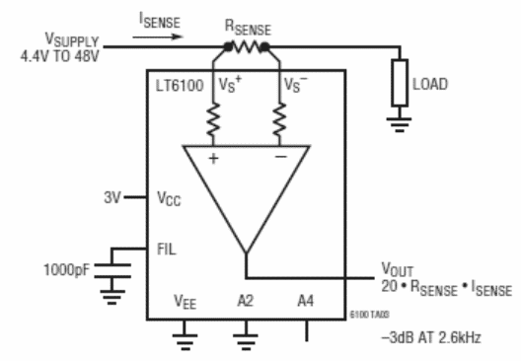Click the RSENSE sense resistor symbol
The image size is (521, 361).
248,45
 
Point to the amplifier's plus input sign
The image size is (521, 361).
211,158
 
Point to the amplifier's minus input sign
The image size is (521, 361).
281,158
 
